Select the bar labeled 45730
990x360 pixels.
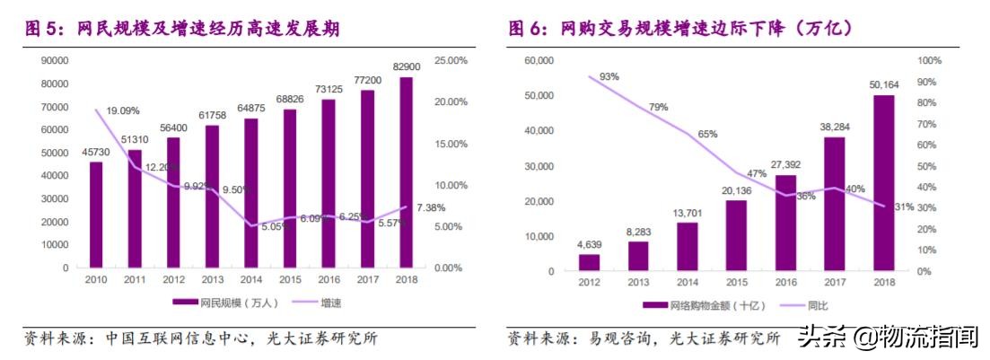point(96,215)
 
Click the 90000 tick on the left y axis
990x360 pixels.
point(56,61)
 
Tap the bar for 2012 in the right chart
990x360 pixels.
point(589,262)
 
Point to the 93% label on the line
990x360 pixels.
point(610,76)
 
